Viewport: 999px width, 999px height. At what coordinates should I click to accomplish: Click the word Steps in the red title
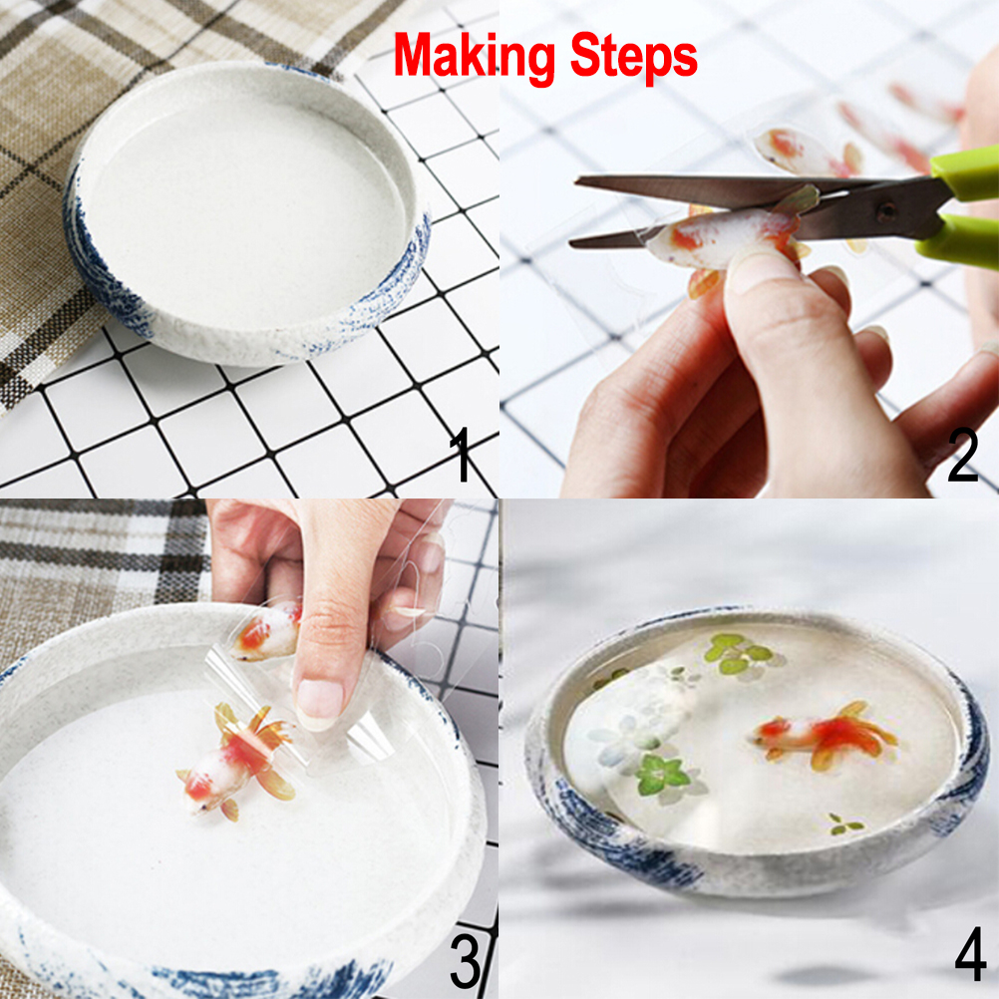[633, 56]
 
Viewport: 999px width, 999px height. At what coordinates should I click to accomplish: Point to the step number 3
[466, 960]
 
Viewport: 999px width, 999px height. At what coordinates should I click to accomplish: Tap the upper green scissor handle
[964, 170]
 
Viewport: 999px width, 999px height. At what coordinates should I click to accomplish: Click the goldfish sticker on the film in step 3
[265, 631]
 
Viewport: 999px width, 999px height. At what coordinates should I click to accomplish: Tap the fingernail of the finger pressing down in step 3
[319, 705]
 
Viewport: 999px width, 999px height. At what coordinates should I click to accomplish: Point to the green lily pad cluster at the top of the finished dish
[741, 654]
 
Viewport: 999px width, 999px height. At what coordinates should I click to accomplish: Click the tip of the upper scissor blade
[577, 181]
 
